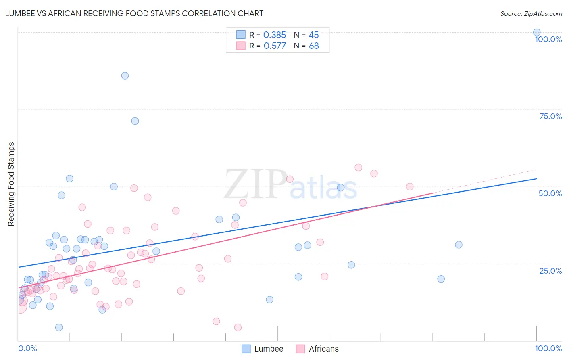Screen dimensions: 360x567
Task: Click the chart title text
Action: tap(134, 13)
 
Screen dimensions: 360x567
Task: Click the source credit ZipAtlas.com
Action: tap(531, 13)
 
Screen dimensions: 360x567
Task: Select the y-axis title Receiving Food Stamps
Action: tap(11, 184)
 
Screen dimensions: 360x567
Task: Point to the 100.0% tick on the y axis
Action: tap(548, 39)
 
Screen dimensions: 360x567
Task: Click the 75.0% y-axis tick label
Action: tap(550, 116)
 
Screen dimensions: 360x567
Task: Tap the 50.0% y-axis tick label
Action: tap(550, 193)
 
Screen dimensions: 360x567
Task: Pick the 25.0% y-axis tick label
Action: tap(550, 271)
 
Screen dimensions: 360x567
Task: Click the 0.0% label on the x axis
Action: tap(27, 348)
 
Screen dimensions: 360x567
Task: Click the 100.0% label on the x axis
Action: tap(548, 348)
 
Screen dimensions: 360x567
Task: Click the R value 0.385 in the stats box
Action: tap(275, 35)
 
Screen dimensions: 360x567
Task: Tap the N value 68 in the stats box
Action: tap(314, 46)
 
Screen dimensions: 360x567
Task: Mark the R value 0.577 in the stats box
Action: tap(275, 46)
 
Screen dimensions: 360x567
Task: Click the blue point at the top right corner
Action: tap(537, 32)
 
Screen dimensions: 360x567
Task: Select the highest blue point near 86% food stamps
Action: tap(125, 75)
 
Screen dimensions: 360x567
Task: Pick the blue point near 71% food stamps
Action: tap(135, 121)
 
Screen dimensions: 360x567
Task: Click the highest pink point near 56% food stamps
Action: tap(358, 167)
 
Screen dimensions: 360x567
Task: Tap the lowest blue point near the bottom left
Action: tap(59, 327)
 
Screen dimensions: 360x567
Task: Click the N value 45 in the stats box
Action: tap(314, 35)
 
